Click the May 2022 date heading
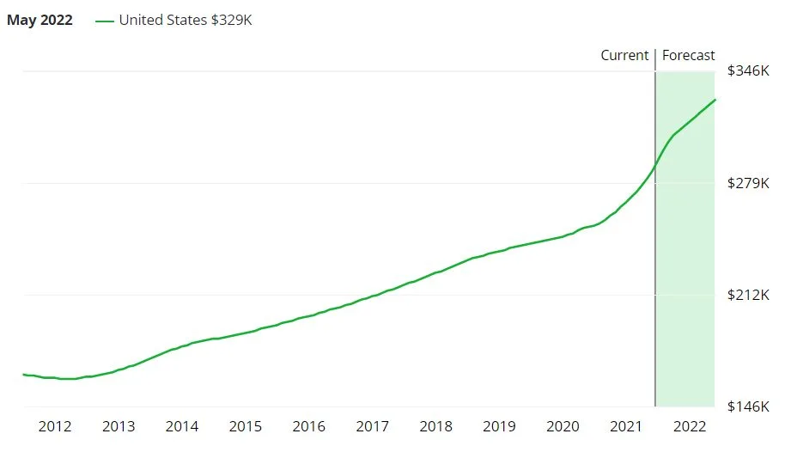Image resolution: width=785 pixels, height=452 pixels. pos(40,20)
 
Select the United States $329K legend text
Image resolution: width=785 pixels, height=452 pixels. pos(186,20)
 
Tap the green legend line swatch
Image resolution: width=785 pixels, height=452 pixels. pos(104,21)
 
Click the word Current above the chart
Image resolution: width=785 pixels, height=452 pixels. pos(624,55)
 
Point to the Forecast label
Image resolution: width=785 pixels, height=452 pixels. pos(689,55)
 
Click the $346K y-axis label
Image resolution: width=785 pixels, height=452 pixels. pos(748,70)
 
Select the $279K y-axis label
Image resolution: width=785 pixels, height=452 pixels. pos(748,183)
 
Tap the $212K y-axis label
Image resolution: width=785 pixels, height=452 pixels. pos(748,296)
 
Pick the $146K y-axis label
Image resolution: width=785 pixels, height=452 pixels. pos(748,406)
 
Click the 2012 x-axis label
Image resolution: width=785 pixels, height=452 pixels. pos(55,426)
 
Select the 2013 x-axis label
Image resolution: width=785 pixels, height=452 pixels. pos(119,426)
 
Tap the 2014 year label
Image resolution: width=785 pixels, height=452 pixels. pos(182,426)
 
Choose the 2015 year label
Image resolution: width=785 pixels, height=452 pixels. pos(246,426)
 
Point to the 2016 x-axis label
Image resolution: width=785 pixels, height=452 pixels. pos(309,426)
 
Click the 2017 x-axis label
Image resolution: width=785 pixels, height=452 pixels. pos(373,426)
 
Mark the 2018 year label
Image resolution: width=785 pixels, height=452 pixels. pos(436,426)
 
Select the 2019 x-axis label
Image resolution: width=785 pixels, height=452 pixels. pos(500,426)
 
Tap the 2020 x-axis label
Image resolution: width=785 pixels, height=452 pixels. pos(563,426)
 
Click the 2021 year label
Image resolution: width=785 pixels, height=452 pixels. pos(627,426)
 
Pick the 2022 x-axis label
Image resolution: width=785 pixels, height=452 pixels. pos(691,426)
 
